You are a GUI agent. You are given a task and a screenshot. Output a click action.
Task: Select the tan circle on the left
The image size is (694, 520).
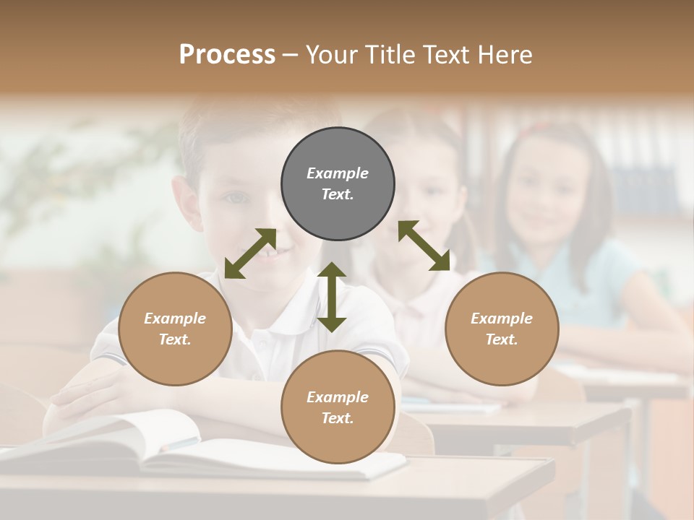click(175, 329)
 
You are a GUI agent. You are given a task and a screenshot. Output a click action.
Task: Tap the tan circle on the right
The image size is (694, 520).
click(502, 329)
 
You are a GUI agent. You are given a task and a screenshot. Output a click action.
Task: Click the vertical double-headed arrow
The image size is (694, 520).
click(332, 297)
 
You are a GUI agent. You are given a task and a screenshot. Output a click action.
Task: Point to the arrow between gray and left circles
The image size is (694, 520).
click(250, 253)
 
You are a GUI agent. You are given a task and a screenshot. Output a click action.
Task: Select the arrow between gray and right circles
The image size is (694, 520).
click(424, 246)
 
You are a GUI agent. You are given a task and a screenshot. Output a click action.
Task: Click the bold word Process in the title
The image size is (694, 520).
click(227, 54)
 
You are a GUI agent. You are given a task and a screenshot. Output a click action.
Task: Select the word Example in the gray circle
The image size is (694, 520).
click(338, 173)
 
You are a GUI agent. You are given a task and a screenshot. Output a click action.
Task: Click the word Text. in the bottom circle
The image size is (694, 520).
click(338, 418)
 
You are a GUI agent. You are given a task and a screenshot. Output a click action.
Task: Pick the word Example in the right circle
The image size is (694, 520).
click(502, 318)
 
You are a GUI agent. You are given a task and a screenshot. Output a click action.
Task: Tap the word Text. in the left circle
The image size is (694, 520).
click(175, 339)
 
